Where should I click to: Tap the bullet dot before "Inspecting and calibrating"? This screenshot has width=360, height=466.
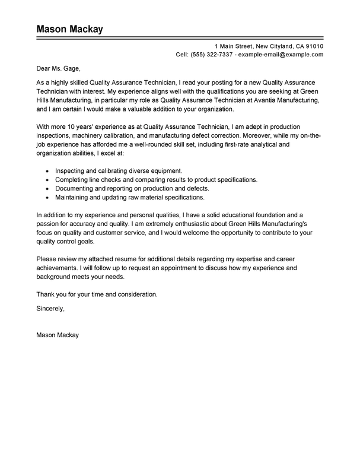tap(47, 172)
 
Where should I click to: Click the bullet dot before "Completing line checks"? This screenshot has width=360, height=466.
tap(47, 180)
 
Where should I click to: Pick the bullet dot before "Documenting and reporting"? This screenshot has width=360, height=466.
tap(47, 188)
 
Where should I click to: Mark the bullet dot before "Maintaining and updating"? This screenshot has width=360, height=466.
tap(47, 197)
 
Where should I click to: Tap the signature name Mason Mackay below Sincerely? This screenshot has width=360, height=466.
tap(58, 335)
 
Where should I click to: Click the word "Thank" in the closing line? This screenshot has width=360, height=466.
tap(46, 294)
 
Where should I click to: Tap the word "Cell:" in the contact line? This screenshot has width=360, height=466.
tap(184, 54)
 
